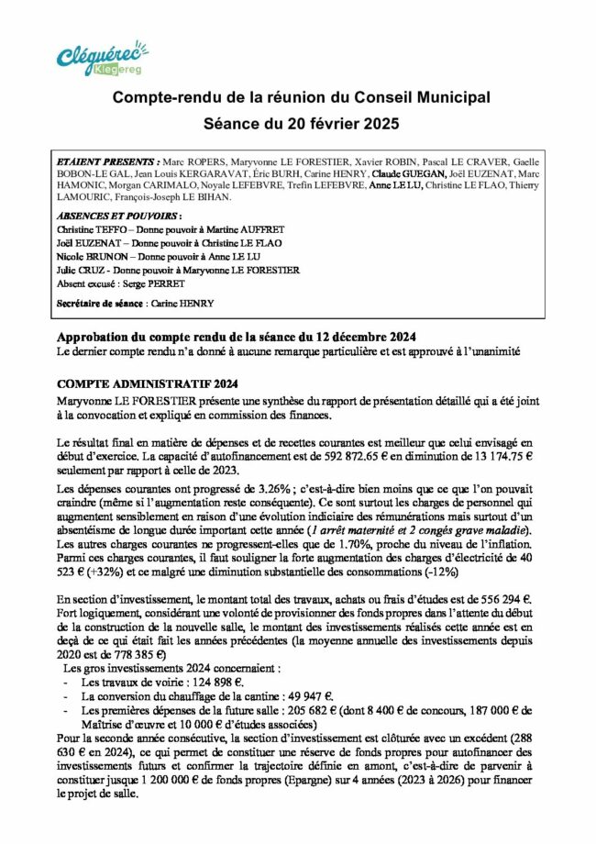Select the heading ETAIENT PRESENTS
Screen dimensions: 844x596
point(107,160)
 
